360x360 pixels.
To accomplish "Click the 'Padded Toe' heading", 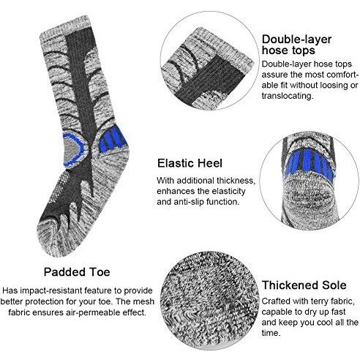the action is coord(77,272).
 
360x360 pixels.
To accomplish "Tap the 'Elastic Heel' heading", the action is coord(190,163).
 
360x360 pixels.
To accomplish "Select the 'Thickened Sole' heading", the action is coord(304,285).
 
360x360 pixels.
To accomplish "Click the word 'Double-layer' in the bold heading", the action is coord(296,40).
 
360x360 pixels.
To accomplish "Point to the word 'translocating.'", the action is coord(287,96).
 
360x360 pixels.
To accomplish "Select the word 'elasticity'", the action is coord(228,191).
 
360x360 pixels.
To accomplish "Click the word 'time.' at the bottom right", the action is coord(271,333).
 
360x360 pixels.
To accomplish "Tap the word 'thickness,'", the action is coord(236,181).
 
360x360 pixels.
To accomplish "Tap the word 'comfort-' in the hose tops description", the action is coord(343,75).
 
